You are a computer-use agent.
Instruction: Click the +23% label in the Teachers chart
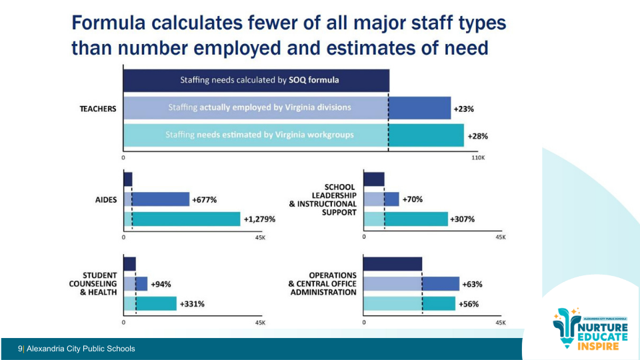[x=464, y=108]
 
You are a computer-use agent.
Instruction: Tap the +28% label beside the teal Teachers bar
[x=477, y=135]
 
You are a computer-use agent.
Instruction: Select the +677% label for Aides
[x=204, y=199]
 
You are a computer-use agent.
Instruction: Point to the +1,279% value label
[x=259, y=219]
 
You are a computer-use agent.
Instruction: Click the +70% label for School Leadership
[x=412, y=199]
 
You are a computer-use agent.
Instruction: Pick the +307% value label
[x=462, y=219]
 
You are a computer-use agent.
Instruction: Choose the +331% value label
[x=191, y=304]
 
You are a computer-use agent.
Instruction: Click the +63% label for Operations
[x=472, y=284]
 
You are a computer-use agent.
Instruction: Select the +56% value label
[x=468, y=304]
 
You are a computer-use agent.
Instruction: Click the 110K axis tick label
[x=479, y=158]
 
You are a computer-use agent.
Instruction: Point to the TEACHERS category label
[x=98, y=109]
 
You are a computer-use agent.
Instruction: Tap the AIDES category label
[x=107, y=200]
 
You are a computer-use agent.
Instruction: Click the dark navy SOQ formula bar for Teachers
[x=256, y=80]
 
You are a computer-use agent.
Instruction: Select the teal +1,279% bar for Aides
[x=182, y=219]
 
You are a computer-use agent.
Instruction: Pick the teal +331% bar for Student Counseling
[x=150, y=304]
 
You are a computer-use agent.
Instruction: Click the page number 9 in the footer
[x=20, y=349]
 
